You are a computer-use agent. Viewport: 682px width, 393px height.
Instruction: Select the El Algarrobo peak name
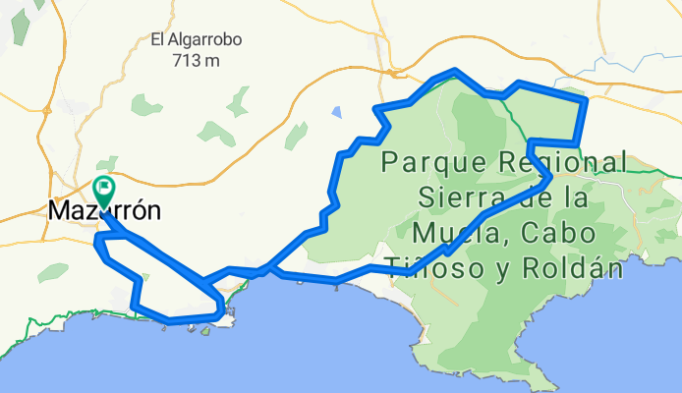coord(197,41)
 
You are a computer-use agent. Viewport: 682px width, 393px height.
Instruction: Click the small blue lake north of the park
coord(337,111)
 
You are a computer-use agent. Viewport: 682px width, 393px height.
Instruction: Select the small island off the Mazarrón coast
coord(207,331)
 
